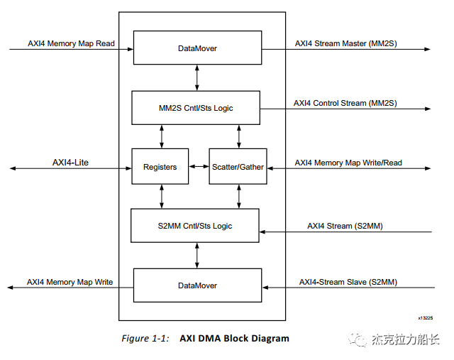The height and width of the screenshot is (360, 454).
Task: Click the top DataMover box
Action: tap(196, 48)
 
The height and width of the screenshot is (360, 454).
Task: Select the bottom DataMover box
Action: tap(196, 285)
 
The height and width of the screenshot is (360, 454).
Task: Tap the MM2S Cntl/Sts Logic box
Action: tap(196, 108)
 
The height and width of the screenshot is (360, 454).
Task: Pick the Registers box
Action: tap(160, 167)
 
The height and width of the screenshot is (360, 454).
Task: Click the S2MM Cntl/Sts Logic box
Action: tap(196, 227)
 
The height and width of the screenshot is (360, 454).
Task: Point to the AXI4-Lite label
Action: tap(70, 163)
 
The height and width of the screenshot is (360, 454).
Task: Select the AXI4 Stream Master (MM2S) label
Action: tap(346, 43)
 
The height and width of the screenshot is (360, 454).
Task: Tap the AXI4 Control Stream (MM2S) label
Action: tap(345, 103)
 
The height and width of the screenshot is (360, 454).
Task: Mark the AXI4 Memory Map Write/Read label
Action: tap(348, 163)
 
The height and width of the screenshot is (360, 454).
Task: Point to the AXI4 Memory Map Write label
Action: tap(70, 282)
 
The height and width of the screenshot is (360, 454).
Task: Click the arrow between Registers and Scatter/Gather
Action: tap(199, 168)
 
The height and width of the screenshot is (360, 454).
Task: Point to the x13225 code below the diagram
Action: tap(425, 318)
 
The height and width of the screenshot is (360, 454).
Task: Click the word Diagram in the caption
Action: tap(269, 339)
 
